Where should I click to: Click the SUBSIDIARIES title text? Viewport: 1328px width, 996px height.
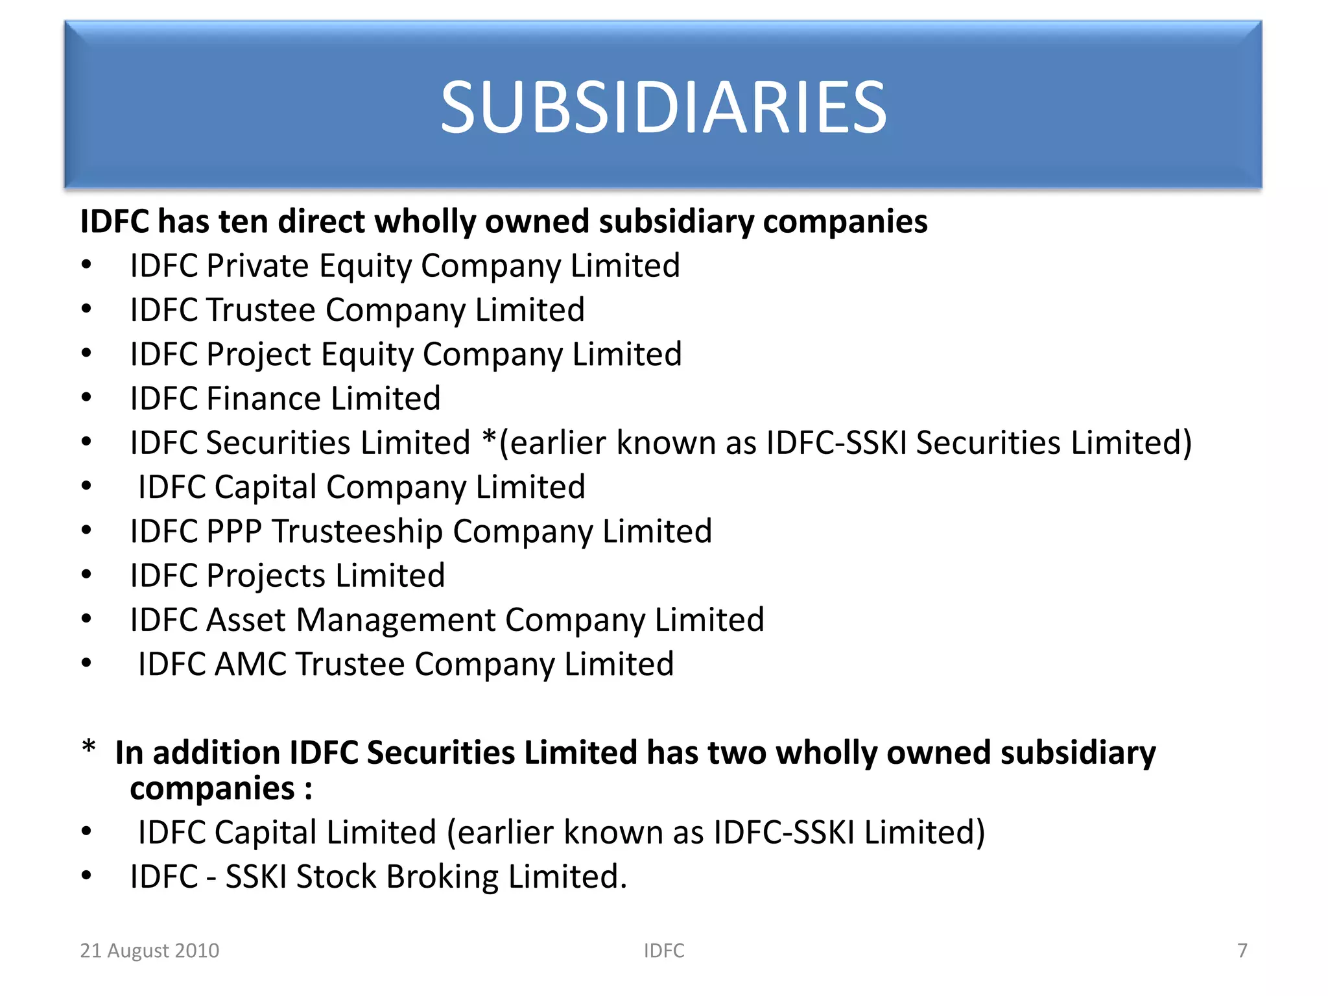pos(663,107)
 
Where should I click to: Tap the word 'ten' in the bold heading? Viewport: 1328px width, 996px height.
pos(241,222)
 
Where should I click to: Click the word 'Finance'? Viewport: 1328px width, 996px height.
pos(264,399)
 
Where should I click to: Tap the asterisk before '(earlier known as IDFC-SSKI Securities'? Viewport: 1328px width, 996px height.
pos(489,439)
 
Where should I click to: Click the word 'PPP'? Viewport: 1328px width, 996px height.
pos(233,532)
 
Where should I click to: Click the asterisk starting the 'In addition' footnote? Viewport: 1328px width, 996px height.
pos(89,747)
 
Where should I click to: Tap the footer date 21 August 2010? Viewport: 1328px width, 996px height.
pos(149,951)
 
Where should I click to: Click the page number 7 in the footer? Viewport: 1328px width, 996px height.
pos(1242,951)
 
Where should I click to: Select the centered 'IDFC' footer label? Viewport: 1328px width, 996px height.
pos(663,951)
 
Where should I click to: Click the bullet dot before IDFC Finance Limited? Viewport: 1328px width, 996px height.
pos(86,397)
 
